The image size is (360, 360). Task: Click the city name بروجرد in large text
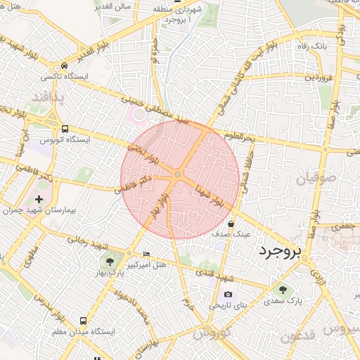(x=279, y=250)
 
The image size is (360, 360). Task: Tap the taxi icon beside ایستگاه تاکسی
(x=65, y=65)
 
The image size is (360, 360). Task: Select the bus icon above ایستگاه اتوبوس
(x=65, y=129)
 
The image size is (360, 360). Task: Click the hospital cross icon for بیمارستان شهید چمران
(x=38, y=200)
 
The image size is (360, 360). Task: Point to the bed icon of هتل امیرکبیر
(x=146, y=253)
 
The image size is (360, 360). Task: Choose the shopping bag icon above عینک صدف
(x=231, y=224)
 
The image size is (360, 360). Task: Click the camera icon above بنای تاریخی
(x=228, y=295)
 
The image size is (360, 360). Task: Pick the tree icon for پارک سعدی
(x=282, y=290)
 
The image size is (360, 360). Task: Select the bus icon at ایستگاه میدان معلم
(x=84, y=319)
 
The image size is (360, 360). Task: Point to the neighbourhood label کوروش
(x=212, y=333)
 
